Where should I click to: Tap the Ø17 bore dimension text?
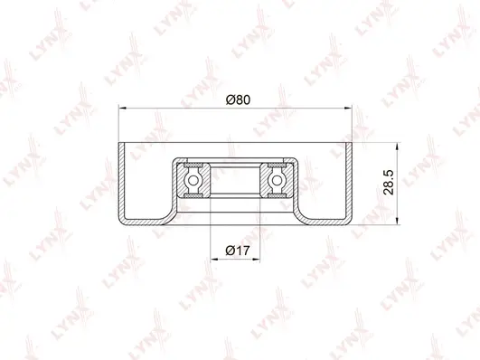click(237, 249)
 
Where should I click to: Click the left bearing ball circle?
click(193, 181)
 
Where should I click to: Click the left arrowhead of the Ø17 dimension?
click(214, 260)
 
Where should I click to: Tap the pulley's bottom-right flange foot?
click(329, 220)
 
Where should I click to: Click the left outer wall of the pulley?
click(120, 181)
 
